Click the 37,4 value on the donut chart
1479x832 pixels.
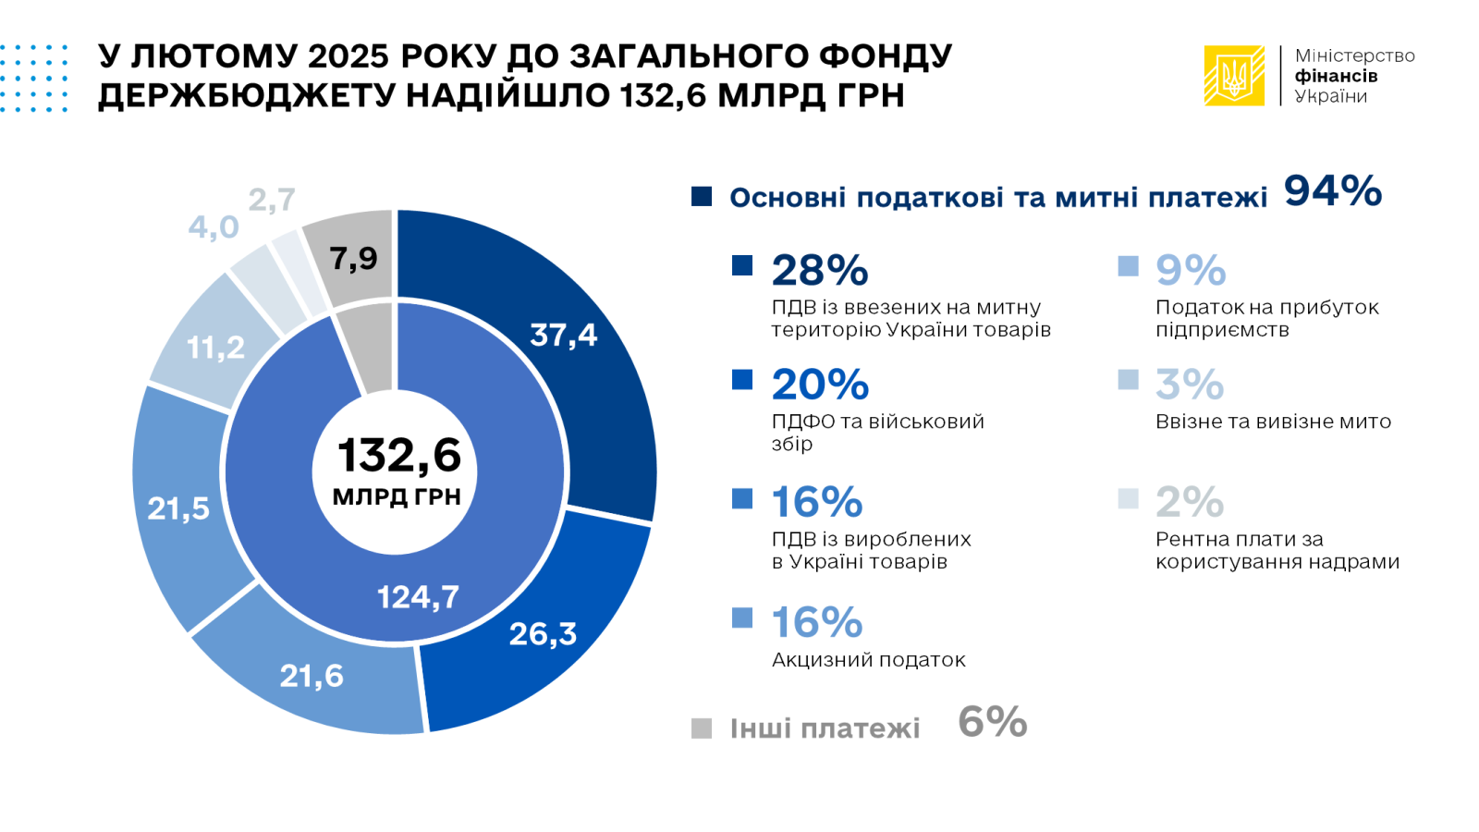pyautogui.click(x=563, y=335)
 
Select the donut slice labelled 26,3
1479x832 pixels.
pyautogui.click(x=543, y=634)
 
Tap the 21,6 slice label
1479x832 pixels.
pyautogui.click(x=312, y=676)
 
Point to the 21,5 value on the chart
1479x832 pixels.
pyautogui.click(x=178, y=508)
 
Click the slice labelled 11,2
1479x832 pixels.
pyautogui.click(x=215, y=348)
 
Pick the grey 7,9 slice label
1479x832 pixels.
pyautogui.click(x=353, y=258)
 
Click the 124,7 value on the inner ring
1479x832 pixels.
pyautogui.click(x=418, y=597)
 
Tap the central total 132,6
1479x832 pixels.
pyautogui.click(x=398, y=456)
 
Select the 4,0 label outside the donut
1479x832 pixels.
pyautogui.click(x=214, y=226)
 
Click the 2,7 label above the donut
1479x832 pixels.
pyautogui.click(x=272, y=199)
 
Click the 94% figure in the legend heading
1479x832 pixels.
pyautogui.click(x=1332, y=191)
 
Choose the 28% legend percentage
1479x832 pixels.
pyautogui.click(x=820, y=270)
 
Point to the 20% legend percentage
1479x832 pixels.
pyautogui.click(x=820, y=385)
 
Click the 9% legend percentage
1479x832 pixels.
pyautogui.click(x=1191, y=270)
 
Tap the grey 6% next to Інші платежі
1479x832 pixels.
pyautogui.click(x=992, y=722)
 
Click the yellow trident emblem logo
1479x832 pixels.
pyautogui.click(x=1234, y=76)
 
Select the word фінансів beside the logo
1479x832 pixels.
pyautogui.click(x=1336, y=76)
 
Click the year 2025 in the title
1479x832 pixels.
pyautogui.click(x=348, y=56)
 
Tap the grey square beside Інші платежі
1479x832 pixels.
pyautogui.click(x=702, y=728)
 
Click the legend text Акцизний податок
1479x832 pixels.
pyautogui.click(x=868, y=660)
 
